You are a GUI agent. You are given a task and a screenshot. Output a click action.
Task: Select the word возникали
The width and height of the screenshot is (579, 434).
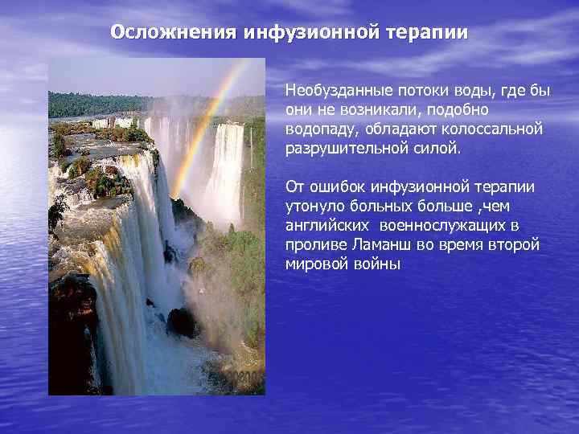tap(376, 109)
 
